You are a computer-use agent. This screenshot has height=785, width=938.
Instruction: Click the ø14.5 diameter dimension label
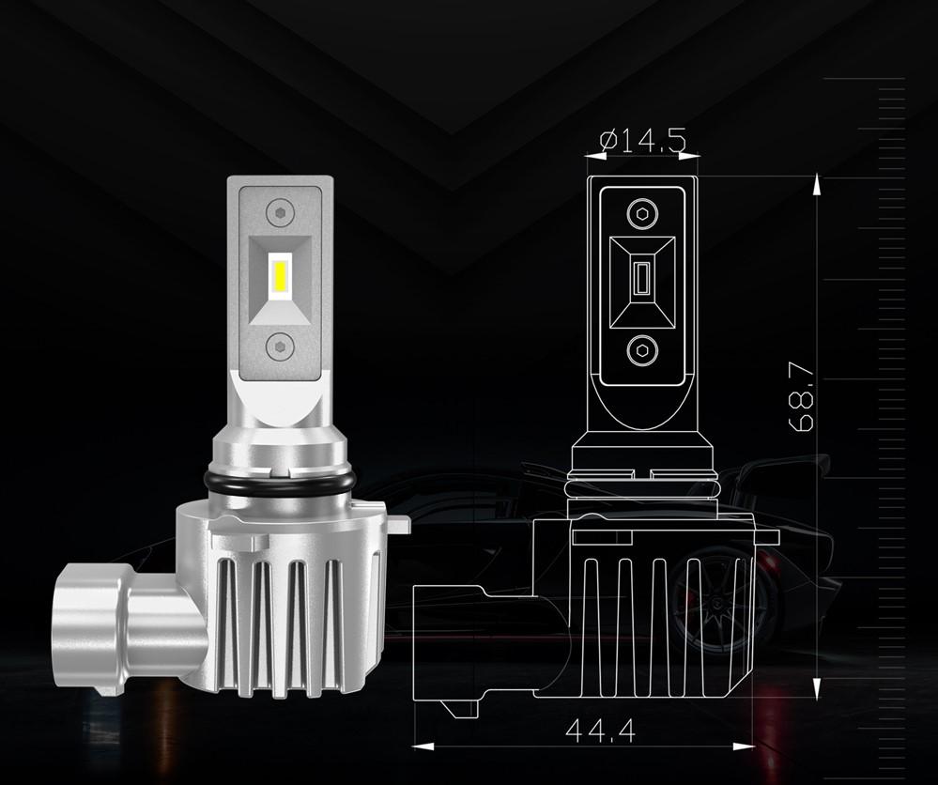click(x=643, y=141)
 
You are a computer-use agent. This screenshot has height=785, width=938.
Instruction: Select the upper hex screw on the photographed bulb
click(x=280, y=213)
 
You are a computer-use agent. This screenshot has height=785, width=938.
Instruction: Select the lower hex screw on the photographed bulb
click(x=280, y=347)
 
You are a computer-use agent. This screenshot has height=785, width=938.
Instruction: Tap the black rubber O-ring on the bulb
click(x=282, y=483)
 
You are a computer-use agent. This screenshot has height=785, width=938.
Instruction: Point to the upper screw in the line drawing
click(x=641, y=213)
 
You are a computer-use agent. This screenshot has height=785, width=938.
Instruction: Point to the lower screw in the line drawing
click(x=641, y=349)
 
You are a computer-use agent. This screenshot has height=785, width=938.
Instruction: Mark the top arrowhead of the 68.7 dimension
click(x=817, y=183)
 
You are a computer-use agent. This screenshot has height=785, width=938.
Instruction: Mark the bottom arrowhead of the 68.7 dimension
click(x=817, y=690)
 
